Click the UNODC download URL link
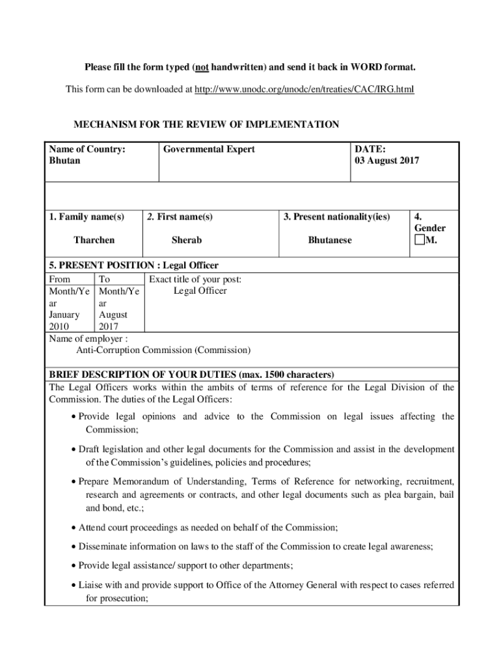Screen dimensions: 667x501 [304, 89]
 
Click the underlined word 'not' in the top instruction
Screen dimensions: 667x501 [200, 68]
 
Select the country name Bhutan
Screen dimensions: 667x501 [64, 160]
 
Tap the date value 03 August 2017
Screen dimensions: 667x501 [387, 160]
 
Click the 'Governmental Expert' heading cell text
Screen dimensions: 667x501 [209, 149]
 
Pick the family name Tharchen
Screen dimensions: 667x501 [94, 240]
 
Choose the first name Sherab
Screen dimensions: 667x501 [186, 240]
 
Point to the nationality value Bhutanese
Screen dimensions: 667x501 [329, 240]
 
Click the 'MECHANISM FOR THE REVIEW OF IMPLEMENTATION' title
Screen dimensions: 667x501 [206, 125]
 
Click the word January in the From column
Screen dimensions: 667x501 [64, 315]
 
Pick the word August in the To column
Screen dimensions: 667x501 [113, 315]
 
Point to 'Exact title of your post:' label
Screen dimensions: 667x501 [195, 279]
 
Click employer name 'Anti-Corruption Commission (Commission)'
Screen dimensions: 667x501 [163, 350]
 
